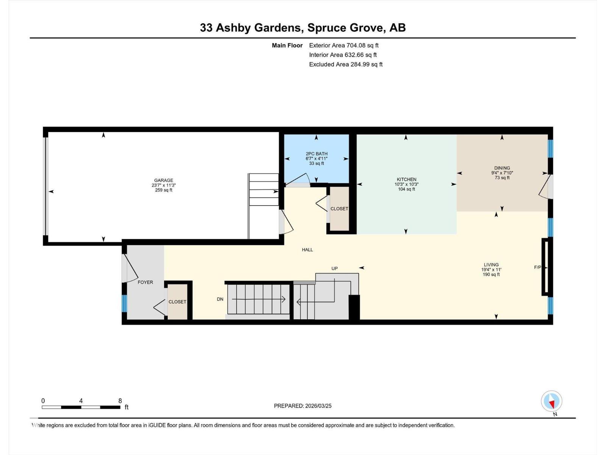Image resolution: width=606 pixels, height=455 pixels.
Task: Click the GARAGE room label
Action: (x=164, y=180)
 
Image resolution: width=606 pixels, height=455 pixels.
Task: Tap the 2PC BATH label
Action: (x=317, y=154)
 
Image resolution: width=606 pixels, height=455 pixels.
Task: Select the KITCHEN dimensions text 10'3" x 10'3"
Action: (x=406, y=184)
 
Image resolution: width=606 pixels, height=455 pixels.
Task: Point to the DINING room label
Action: (x=502, y=168)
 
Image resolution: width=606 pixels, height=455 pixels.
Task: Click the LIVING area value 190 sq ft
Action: (x=491, y=275)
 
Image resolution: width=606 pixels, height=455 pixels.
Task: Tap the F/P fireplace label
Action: (x=537, y=267)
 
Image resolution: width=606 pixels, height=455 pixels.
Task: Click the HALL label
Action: (x=307, y=250)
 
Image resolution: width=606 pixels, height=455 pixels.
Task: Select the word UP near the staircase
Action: (x=334, y=268)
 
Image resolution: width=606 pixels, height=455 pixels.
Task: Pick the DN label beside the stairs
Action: (x=220, y=299)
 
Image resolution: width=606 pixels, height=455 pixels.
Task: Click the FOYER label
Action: (x=145, y=282)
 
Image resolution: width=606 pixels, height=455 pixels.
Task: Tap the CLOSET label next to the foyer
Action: (x=177, y=302)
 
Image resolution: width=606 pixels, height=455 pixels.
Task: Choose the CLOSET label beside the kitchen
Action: (x=339, y=209)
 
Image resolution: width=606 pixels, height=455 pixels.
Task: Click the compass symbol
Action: (x=551, y=402)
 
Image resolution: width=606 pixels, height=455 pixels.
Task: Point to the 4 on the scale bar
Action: (x=81, y=401)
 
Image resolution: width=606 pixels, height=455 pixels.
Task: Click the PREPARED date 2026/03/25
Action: (x=318, y=406)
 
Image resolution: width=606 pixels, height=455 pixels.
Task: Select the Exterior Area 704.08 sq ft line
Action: (x=344, y=45)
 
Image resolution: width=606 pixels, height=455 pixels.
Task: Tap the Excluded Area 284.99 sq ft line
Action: (x=345, y=64)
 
